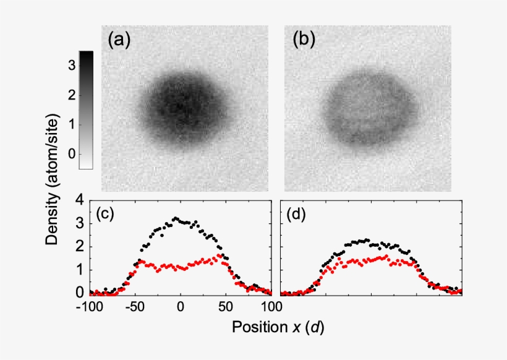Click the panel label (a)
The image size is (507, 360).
click(x=119, y=41)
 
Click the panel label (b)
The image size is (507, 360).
click(x=304, y=41)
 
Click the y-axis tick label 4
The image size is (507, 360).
click(x=79, y=200)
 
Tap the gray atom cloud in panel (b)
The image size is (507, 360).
click(x=365, y=110)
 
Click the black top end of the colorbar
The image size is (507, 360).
click(x=87, y=54)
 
